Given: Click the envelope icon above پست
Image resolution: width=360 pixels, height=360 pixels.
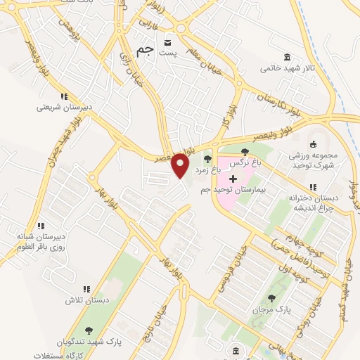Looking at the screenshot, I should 167,39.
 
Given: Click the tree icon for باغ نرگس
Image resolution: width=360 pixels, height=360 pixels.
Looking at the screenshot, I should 245,152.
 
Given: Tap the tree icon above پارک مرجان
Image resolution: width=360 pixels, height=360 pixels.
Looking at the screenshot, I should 271,298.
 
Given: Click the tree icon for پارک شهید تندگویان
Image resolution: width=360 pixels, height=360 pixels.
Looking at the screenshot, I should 89,330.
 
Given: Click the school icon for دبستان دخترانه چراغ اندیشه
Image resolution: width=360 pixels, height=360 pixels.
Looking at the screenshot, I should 314,187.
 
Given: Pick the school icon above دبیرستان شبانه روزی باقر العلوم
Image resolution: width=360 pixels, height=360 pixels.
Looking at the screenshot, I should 41,226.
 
